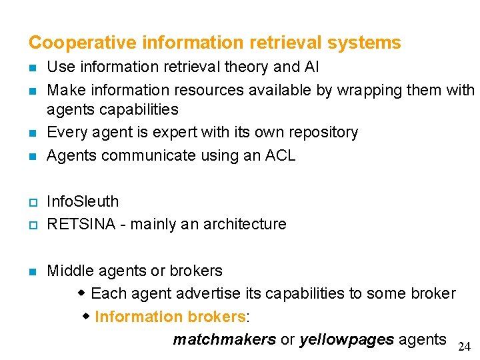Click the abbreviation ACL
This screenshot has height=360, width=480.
click(x=281, y=155)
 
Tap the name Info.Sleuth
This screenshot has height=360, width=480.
click(x=83, y=201)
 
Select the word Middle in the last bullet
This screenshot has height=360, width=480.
click(x=70, y=271)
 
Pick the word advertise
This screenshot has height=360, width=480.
click(x=195, y=293)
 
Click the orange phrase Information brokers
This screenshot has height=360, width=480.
click(x=170, y=317)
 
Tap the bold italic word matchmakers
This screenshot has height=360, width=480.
click(x=224, y=340)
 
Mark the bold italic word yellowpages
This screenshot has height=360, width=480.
click(x=346, y=340)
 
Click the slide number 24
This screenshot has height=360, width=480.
click(x=464, y=347)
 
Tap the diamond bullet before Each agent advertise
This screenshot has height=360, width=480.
click(x=82, y=293)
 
